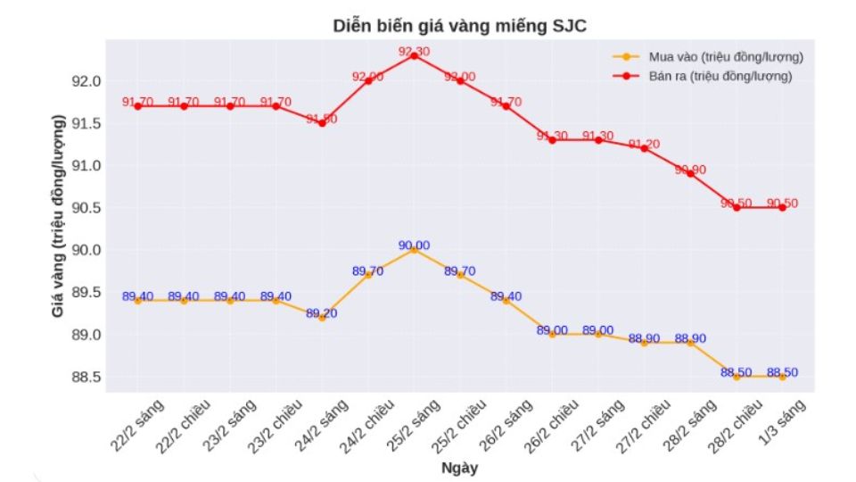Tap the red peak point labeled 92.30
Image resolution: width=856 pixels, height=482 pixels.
tap(414, 55)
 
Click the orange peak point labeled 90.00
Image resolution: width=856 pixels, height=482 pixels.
tap(414, 250)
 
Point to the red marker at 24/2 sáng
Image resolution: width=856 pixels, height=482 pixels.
tap(322, 123)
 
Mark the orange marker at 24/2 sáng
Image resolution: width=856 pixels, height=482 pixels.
tap(322, 318)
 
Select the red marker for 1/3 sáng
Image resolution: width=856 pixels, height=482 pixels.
tap(782, 207)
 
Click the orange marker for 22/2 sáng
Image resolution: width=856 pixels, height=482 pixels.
tap(137, 301)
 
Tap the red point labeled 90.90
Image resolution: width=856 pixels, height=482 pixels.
tap(690, 173)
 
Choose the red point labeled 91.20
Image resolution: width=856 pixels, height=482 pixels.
tap(644, 148)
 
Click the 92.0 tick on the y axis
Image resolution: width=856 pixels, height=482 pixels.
tap(86, 81)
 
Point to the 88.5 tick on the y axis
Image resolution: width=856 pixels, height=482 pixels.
tap(86, 377)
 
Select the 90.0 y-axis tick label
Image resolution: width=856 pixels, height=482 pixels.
tap(86, 250)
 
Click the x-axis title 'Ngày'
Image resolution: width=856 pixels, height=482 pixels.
tap(460, 467)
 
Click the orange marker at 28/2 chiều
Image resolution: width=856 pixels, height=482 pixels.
tap(737, 377)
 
